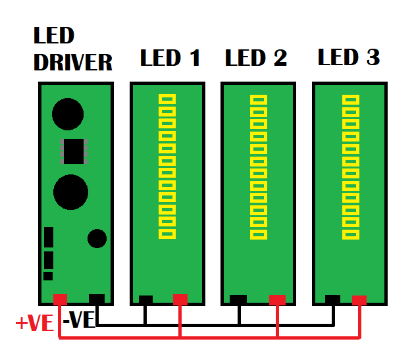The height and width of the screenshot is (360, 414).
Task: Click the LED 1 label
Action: [x=170, y=58]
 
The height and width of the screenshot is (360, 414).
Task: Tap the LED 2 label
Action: [x=256, y=58]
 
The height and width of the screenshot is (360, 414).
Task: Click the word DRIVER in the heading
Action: [x=73, y=63]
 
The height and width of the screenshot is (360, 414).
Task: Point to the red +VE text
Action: [x=34, y=323]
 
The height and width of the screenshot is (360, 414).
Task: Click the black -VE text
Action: [x=81, y=320]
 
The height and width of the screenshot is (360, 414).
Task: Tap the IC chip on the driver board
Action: [x=74, y=151]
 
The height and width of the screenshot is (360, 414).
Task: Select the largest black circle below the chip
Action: [x=70, y=192]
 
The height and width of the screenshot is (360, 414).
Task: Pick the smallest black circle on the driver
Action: [x=97, y=238]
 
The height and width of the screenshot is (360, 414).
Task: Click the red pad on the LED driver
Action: [x=61, y=299]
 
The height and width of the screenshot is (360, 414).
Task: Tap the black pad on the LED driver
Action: [x=96, y=299]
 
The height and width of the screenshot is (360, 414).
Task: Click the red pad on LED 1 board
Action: [x=180, y=300]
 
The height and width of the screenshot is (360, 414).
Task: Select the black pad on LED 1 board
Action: [x=145, y=299]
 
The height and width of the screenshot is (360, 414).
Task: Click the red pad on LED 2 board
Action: [x=278, y=299]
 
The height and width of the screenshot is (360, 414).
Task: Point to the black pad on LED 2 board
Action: [x=238, y=299]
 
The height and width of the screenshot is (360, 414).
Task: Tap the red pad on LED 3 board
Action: [x=359, y=300]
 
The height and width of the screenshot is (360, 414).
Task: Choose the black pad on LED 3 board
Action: [x=333, y=299]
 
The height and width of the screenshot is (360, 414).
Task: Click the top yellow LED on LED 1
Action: [x=167, y=99]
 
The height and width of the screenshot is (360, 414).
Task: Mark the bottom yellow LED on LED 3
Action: [x=351, y=234]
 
